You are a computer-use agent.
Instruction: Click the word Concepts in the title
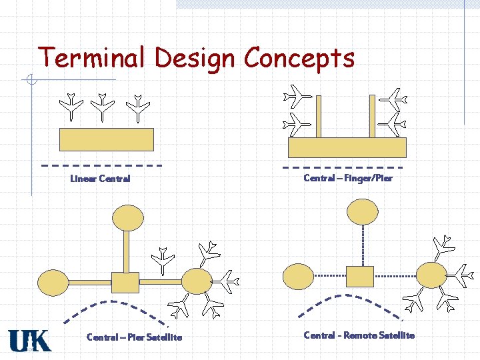point(299,59)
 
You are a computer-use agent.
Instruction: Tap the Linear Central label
point(100,179)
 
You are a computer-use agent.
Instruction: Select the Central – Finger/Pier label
point(348,178)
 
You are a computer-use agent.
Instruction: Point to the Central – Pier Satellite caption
point(134,337)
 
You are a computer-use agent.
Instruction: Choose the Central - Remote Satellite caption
point(359,335)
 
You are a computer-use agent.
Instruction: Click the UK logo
point(29,340)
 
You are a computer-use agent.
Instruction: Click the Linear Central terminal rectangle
point(107,140)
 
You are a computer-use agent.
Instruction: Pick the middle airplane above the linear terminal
point(103,107)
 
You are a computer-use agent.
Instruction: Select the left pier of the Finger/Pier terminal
point(319,117)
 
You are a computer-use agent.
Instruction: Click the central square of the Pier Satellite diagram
point(125,283)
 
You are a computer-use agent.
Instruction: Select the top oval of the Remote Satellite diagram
point(362,212)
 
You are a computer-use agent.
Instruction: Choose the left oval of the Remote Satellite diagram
point(298,276)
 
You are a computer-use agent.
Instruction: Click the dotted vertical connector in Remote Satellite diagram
point(362,245)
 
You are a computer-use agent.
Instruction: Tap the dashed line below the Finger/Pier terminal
point(343,167)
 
